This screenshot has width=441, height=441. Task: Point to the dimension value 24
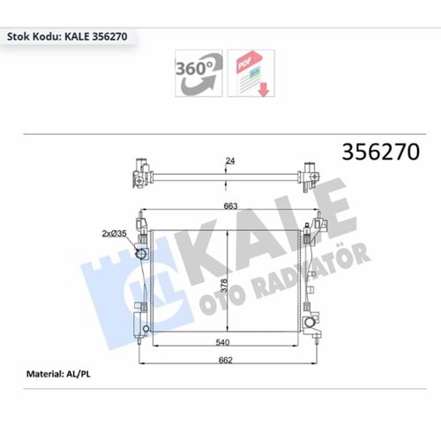pyautogui.click(x=230, y=161)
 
